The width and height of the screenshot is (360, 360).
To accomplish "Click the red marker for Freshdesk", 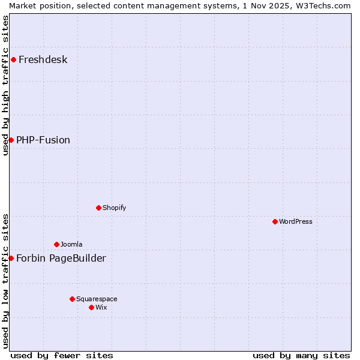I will coord(13,59).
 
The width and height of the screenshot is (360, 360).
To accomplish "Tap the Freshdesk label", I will coord(43,59).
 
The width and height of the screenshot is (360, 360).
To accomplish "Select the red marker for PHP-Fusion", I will coord(11,140).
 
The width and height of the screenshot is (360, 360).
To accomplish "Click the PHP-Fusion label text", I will coord(43,140).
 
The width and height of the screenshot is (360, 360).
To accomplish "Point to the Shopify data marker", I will coord(98,208).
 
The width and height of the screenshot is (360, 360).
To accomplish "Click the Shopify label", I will coord(114,208).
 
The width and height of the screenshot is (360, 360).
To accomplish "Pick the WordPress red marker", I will coord(275,221).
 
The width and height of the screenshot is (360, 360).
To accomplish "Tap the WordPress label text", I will coord(295,221).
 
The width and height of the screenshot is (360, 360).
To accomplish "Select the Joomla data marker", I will coord(56,244).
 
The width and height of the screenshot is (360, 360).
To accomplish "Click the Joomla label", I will coord(71,244).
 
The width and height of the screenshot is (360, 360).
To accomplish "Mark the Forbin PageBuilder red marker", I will coord(11,258).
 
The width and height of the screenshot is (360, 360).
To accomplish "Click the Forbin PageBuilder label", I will coord(61,258).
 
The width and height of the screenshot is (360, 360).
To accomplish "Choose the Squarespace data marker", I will coord(72,299).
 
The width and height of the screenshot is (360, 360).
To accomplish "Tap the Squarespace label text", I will coord(97,299).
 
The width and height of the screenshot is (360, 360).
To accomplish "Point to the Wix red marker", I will coord(91,307).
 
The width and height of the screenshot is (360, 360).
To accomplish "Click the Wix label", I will coord(101,307).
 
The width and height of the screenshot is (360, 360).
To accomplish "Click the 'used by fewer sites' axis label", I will coord(62,355).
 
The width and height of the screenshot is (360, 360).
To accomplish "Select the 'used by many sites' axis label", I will coord(301,355).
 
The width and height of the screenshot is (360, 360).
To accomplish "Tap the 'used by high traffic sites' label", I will coord(5,85).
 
